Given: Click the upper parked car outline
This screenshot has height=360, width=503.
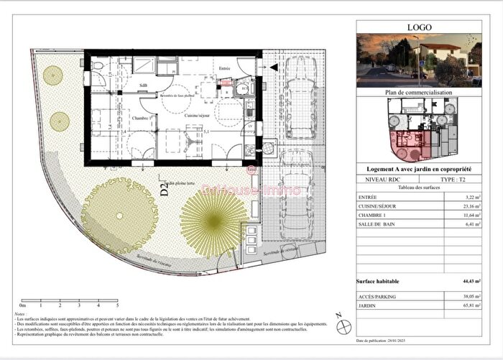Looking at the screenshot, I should (x=297, y=96).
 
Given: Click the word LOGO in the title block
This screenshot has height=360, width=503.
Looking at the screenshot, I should (x=419, y=28).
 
